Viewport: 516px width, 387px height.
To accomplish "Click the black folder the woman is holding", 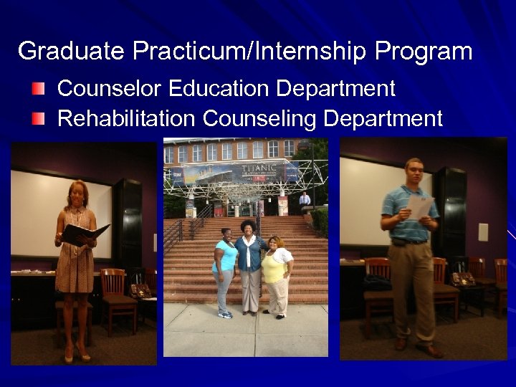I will pos(84,233).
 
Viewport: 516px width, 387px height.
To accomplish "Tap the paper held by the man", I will pos(419,206).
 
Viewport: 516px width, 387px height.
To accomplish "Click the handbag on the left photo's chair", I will pos(140,290).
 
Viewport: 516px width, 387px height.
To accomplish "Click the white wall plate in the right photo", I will pos(483,231).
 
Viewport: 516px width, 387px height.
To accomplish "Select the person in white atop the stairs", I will pos(305,199).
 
